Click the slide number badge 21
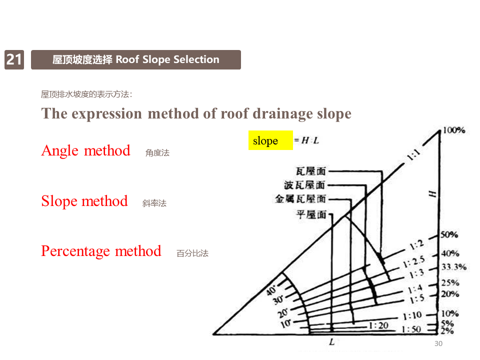point(14,59)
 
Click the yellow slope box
point(270,140)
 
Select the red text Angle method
point(85,150)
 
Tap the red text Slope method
point(84,201)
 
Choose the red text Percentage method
point(101,251)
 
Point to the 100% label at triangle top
point(453,130)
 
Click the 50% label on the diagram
point(449,235)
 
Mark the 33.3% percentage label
point(453,266)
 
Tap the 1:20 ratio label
point(378,325)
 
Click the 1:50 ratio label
point(411,329)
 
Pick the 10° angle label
point(285,323)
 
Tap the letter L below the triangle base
point(331,342)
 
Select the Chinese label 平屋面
point(311,215)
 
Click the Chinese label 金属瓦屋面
point(300,199)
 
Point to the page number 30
point(438,343)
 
